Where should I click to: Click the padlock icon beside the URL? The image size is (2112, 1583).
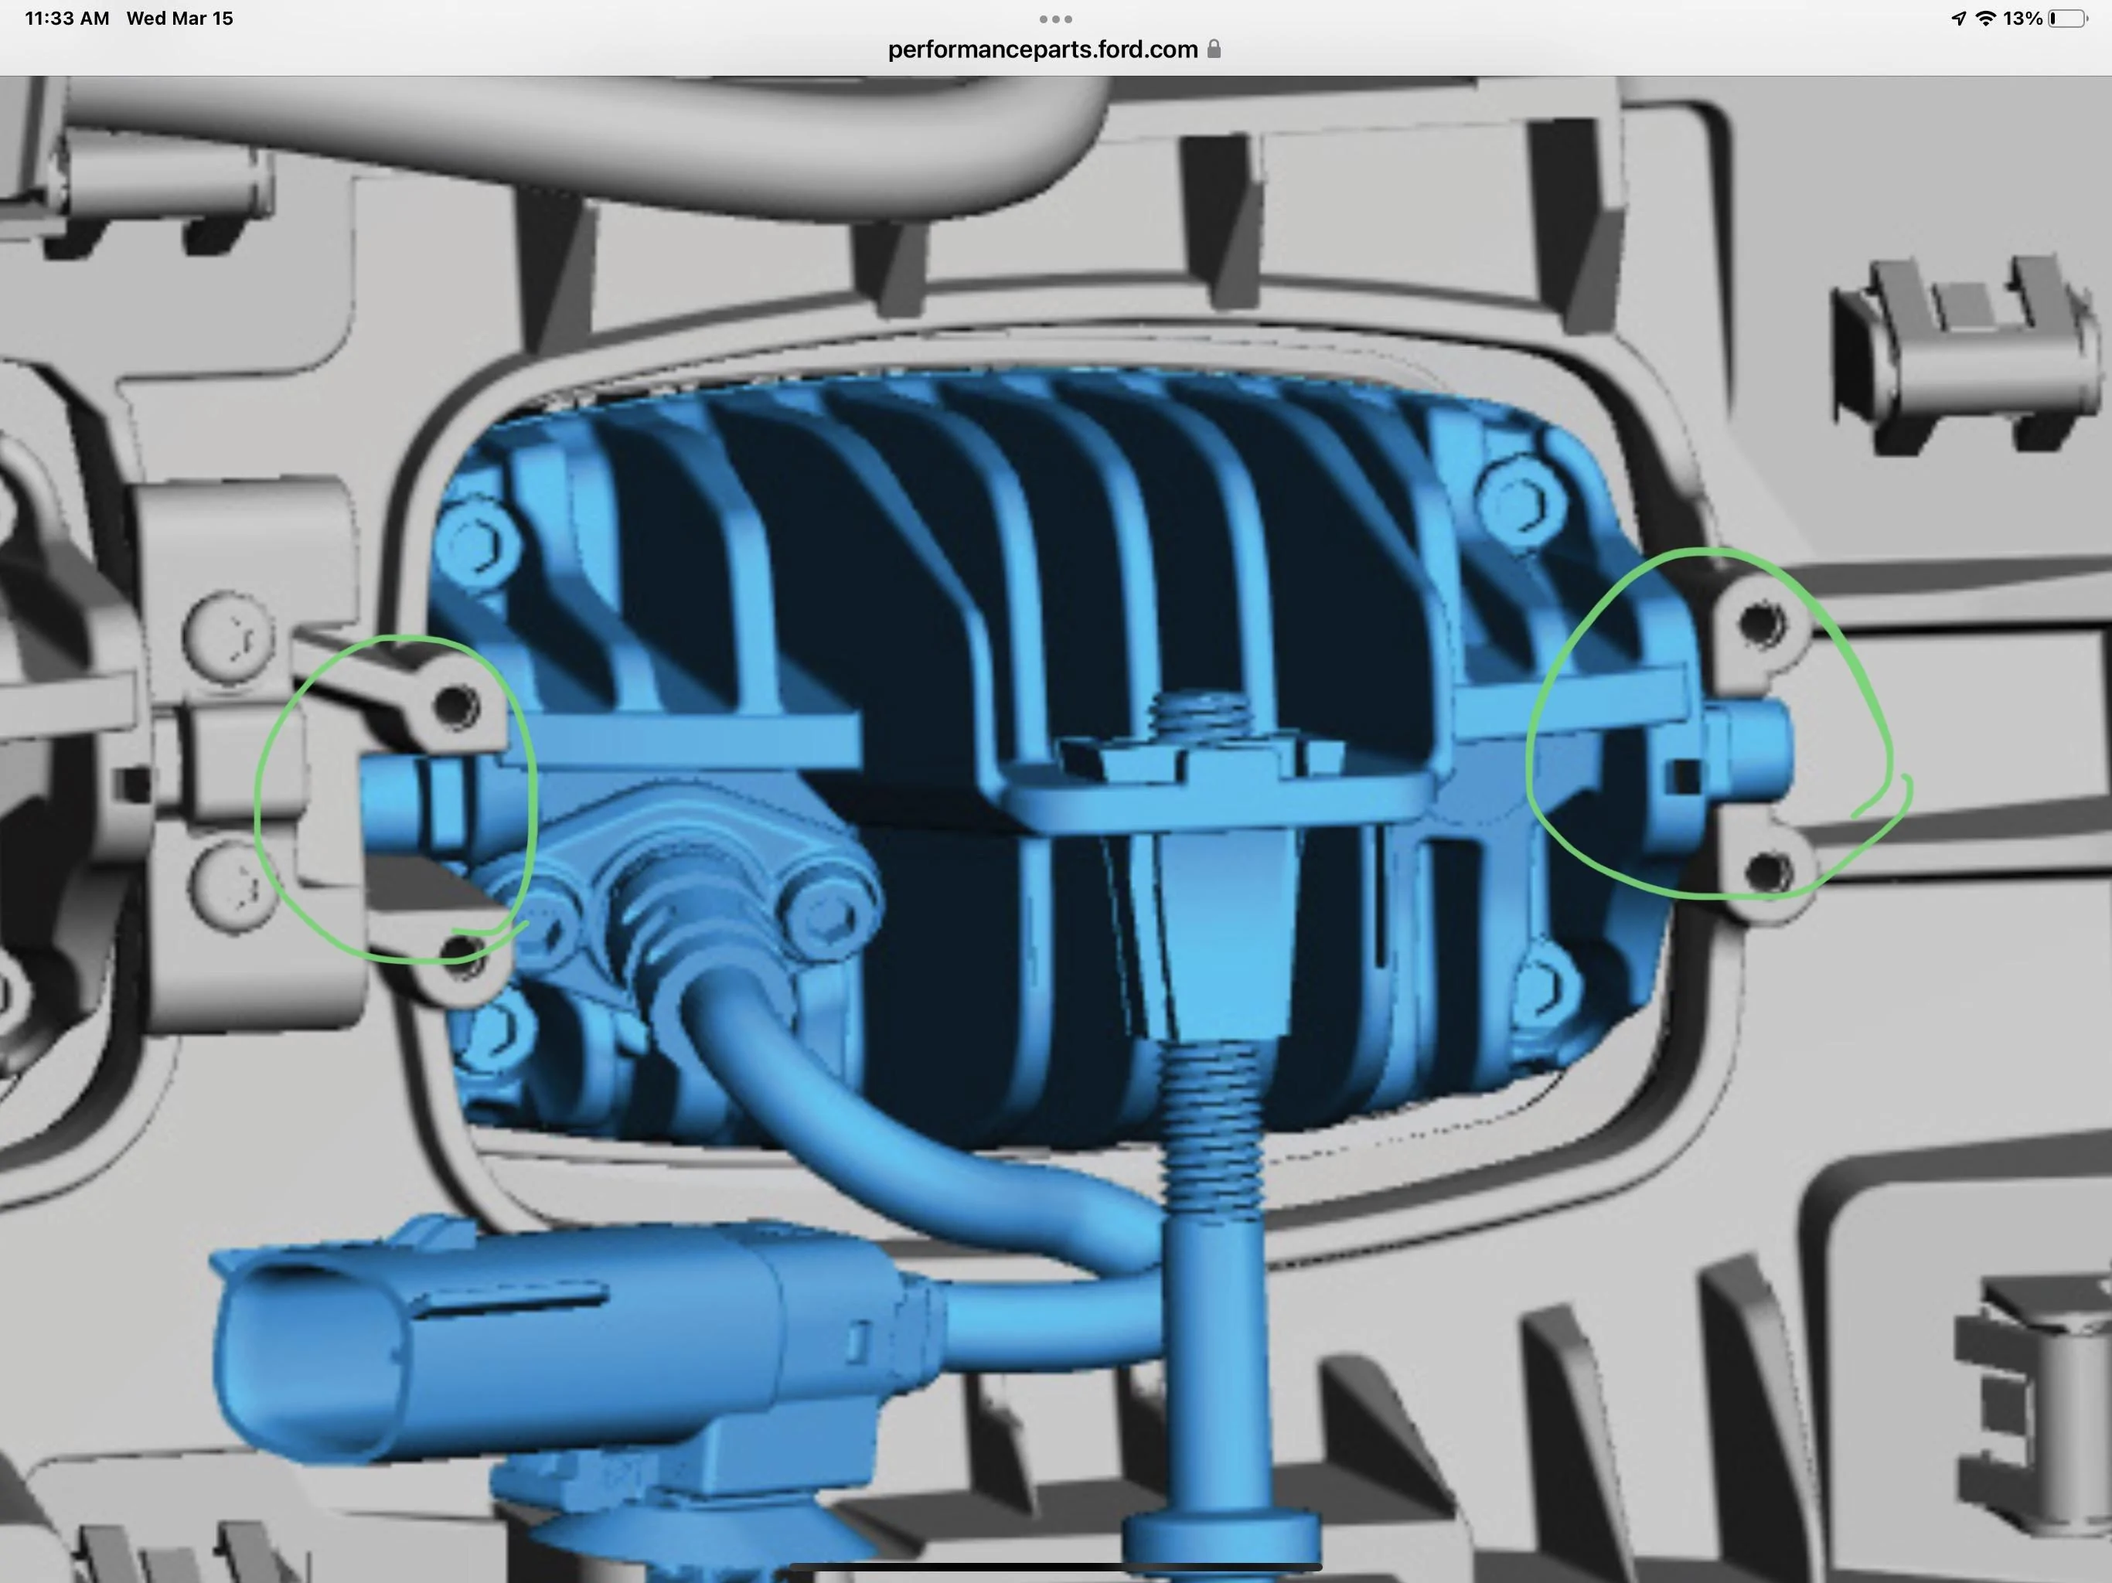pyautogui.click(x=1214, y=49)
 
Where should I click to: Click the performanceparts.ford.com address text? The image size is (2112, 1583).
pyautogui.click(x=1043, y=49)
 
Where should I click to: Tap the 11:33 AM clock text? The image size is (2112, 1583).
pyautogui.click(x=66, y=18)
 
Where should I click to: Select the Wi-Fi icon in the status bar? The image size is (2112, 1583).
pyautogui.click(x=1986, y=18)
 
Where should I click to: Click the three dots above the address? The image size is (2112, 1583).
pyautogui.click(x=1055, y=19)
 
